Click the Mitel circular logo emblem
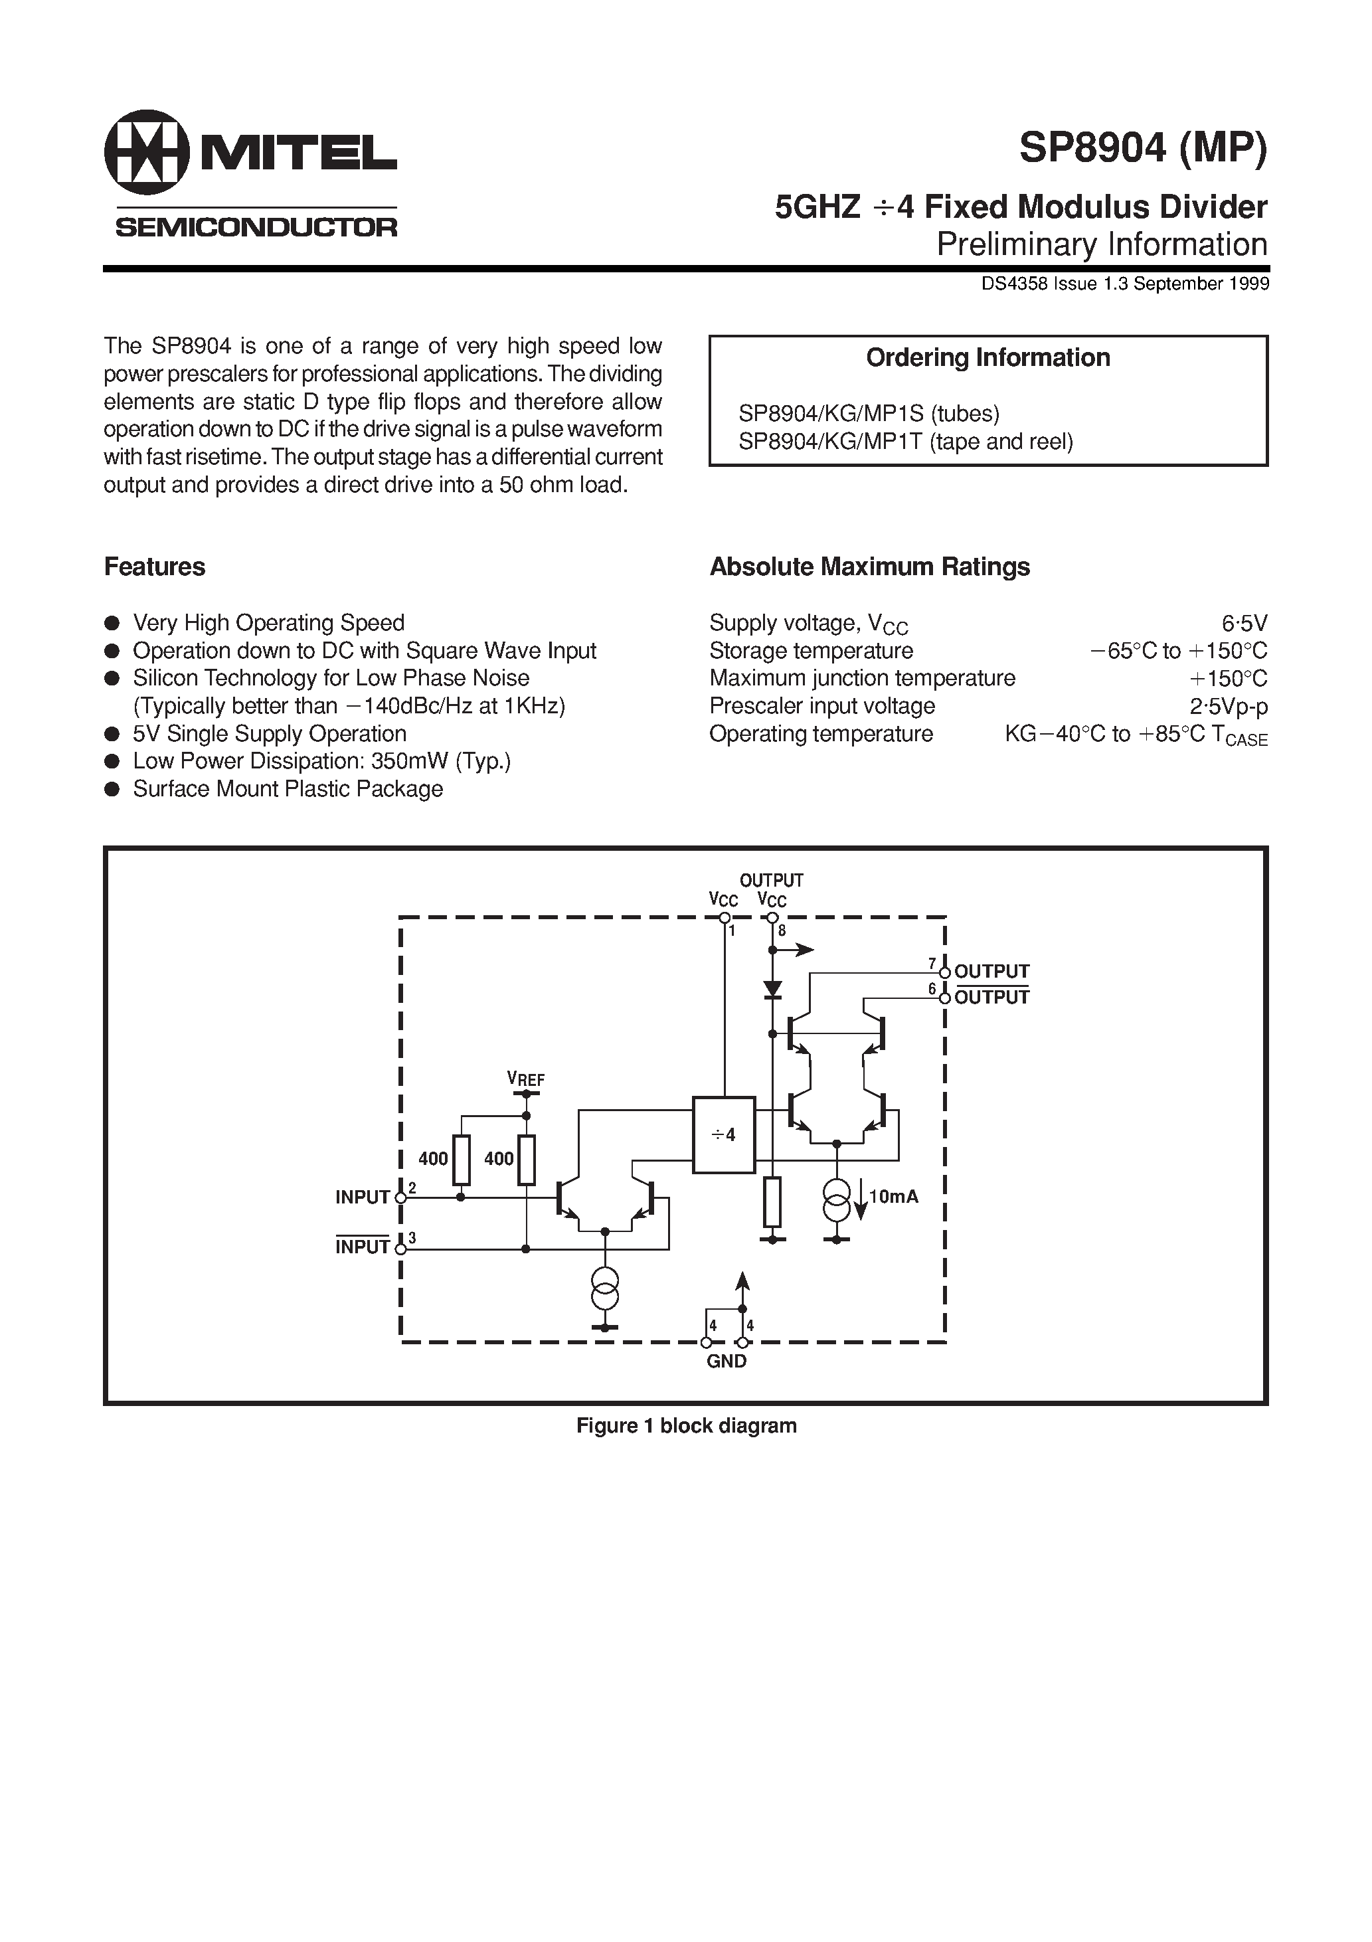[x=146, y=152]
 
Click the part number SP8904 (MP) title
[x=1143, y=149]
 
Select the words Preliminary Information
[x=1101, y=244]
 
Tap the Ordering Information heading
[x=987, y=358]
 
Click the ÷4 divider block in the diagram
[x=723, y=1135]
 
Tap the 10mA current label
[x=893, y=1196]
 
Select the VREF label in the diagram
[x=525, y=1079]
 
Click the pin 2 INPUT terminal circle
[x=401, y=1197]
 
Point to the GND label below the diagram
[x=727, y=1361]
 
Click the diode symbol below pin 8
[x=772, y=988]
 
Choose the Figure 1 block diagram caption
[x=686, y=1425]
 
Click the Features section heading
[x=155, y=567]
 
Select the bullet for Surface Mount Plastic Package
[x=111, y=790]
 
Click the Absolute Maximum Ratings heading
[x=869, y=567]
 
